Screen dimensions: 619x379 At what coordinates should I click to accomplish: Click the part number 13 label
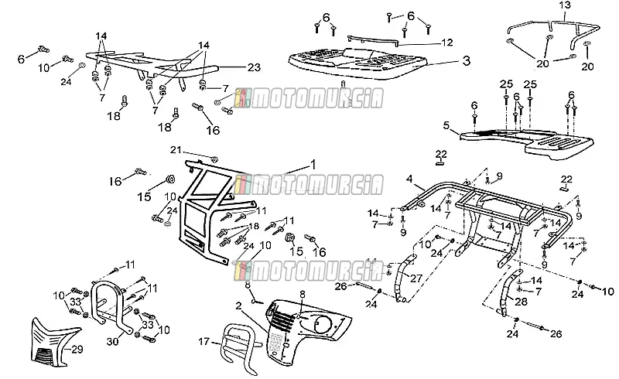[565, 5]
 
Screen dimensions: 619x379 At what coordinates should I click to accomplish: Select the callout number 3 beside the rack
[467, 61]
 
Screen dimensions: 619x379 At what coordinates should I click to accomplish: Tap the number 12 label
[447, 43]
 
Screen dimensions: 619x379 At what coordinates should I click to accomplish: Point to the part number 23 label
[255, 67]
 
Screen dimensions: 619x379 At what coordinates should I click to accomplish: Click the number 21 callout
[176, 150]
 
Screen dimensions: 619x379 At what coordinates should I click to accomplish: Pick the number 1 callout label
[313, 165]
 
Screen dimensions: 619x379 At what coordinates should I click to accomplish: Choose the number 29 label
[77, 349]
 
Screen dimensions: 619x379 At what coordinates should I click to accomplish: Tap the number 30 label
[112, 341]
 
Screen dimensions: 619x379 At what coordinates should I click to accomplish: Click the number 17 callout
[203, 341]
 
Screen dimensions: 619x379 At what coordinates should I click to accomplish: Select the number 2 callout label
[238, 306]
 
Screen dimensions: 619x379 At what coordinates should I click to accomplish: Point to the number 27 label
[416, 278]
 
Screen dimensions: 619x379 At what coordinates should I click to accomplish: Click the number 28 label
[521, 302]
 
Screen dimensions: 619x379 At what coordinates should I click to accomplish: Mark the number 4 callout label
[409, 179]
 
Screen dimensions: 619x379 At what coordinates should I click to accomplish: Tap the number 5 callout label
[446, 125]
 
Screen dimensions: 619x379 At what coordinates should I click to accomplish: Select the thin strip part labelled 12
[374, 39]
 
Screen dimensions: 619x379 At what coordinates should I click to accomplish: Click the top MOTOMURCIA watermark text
[309, 98]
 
